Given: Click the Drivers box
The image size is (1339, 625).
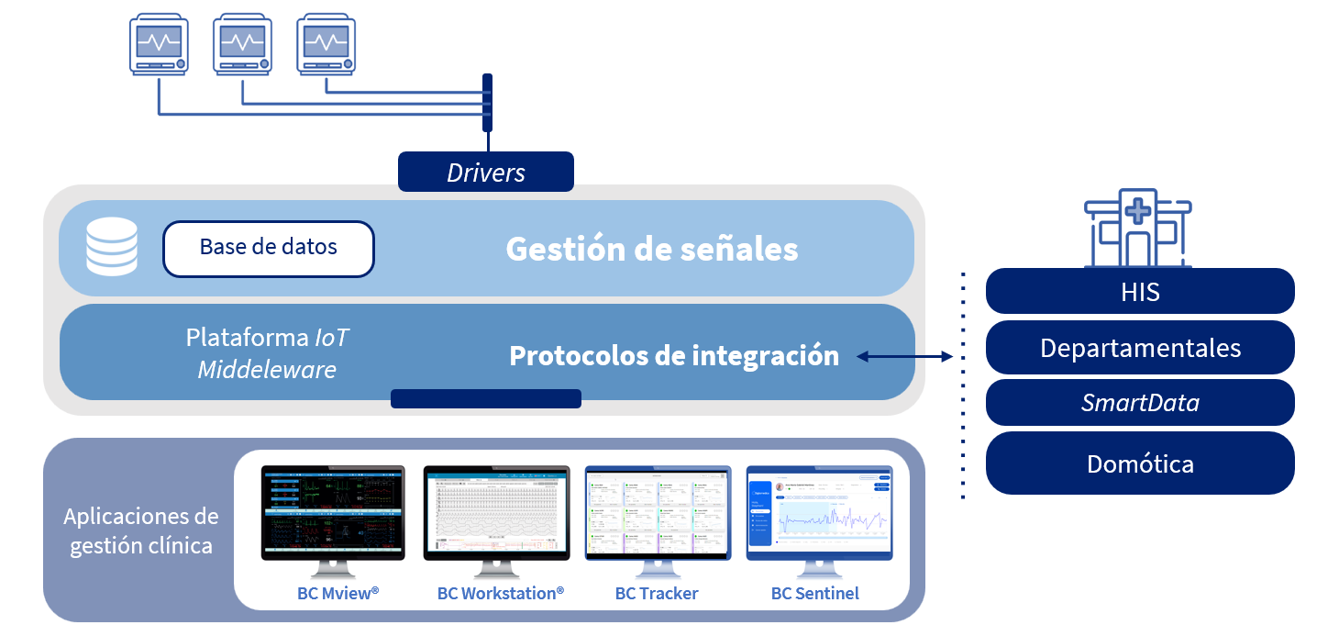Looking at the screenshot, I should click(485, 173).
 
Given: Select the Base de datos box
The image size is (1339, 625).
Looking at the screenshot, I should click(269, 248).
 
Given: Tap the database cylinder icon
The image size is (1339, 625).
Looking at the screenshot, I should click(111, 248).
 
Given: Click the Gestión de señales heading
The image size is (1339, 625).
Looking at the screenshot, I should click(651, 250).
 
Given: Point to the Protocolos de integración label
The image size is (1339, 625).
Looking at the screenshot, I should click(674, 356).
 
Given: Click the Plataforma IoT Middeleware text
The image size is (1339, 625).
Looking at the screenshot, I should click(268, 353).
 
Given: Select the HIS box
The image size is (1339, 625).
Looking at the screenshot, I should click(1140, 292).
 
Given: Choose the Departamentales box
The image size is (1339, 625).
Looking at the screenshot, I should click(1140, 349).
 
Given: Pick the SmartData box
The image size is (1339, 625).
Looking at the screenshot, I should click(1140, 403).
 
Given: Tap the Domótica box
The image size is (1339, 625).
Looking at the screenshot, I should click(1140, 463).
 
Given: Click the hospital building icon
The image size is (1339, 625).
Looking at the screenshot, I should click(1137, 228).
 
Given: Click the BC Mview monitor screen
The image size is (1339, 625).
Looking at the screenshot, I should click(332, 511).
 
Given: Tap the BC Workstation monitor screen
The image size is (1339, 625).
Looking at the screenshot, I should click(496, 511).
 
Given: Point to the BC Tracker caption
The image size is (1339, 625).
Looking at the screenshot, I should click(657, 594).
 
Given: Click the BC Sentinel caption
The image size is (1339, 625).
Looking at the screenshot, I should click(815, 594).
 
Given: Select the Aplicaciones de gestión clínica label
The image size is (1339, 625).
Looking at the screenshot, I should click(140, 530).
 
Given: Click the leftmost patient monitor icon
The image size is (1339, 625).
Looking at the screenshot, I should click(159, 43).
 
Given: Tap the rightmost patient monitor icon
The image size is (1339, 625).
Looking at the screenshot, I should click(326, 43).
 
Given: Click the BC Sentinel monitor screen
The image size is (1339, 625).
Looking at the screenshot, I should click(819, 511).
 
